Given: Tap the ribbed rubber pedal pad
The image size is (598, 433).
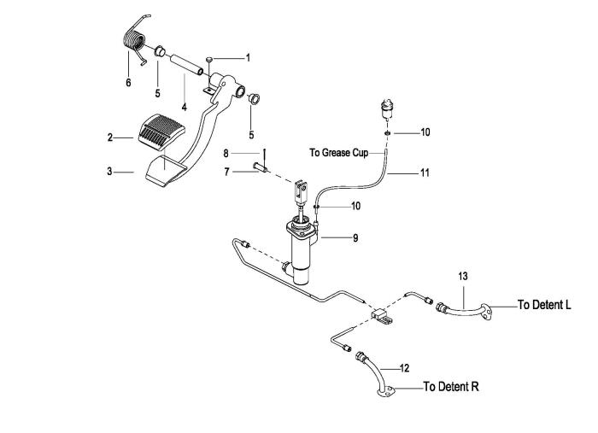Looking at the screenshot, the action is [160, 131].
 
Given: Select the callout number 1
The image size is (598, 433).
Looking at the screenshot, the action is [248, 58].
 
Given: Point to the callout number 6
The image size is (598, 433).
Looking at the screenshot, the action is [128, 82].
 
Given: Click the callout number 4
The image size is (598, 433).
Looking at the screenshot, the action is [185, 107].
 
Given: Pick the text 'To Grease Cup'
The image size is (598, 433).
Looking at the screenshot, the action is [338, 153].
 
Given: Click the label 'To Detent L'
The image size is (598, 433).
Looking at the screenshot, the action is [544, 305].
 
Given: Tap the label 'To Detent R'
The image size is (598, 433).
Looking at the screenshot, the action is [451, 387].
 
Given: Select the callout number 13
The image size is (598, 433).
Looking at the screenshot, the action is [463, 276].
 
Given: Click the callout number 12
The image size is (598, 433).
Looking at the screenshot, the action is [404, 368].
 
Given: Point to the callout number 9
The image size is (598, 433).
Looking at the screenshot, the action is [355, 238].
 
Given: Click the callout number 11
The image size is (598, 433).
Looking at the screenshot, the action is [425, 173].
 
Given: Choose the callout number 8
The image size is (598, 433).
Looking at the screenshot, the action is [226, 154].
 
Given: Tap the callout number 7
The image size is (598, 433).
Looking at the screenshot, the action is [227, 173].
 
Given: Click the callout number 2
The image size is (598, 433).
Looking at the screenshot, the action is [110, 138].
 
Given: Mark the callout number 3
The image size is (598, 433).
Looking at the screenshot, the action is [109, 172].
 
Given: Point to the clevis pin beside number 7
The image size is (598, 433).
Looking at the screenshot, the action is [261, 167].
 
